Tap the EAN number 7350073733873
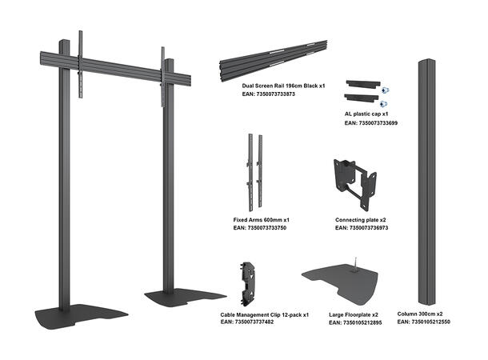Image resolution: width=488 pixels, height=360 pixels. click(x=268, y=94)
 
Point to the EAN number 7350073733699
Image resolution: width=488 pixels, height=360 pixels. click(x=370, y=123)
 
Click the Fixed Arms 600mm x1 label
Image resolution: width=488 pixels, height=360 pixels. click(x=261, y=218)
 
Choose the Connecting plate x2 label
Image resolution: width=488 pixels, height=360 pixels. click(x=360, y=218)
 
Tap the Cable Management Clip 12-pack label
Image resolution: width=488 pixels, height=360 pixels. click(x=264, y=315)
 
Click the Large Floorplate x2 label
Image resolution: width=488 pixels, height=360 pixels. click(x=354, y=315)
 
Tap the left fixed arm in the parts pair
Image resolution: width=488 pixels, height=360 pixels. click(x=250, y=168)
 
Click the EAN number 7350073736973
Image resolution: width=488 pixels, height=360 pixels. click(x=362, y=228)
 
